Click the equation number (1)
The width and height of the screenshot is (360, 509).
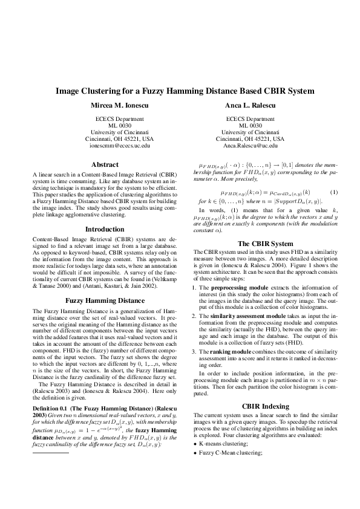(333, 192)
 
